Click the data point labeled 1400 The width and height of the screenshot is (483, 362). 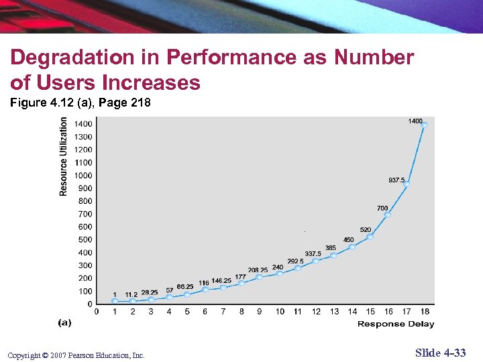click(424, 125)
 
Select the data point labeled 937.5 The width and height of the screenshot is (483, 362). click(406, 183)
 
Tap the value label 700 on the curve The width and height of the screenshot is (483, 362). click(382, 208)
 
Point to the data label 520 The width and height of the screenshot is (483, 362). click(366, 230)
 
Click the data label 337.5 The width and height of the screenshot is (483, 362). click(313, 254)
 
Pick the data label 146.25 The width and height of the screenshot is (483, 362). click(221, 280)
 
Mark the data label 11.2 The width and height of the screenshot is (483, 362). click(131, 294)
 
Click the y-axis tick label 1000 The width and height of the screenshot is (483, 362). click(83, 176)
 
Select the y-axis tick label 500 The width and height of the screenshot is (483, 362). click(85, 240)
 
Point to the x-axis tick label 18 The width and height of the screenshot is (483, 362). click(425, 312)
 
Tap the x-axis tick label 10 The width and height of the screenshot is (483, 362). click(280, 312)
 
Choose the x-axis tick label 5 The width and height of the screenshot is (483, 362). click(186, 312)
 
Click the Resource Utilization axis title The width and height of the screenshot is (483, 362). click(64, 156)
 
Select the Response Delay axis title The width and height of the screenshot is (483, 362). click(396, 324)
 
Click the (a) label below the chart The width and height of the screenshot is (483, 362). click(64, 323)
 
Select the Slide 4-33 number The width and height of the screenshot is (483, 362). click(440, 353)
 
